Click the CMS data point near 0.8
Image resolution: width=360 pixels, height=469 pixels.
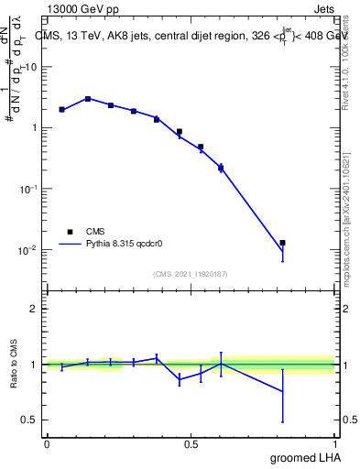(283, 243)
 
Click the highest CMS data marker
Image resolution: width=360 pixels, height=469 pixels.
(88, 99)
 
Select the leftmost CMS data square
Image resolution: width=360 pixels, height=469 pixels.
(61, 109)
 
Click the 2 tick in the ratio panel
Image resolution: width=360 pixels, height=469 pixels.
(34, 309)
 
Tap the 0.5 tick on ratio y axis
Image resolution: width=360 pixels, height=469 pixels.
(30, 420)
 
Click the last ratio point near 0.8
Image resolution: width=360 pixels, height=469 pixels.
(283, 391)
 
